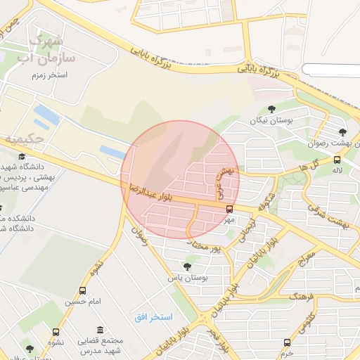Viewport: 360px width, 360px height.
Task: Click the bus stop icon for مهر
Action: [x=229, y=209]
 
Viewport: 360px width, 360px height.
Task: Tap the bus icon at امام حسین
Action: [x=84, y=290]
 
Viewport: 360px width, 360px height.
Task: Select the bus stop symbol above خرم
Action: [x=287, y=342]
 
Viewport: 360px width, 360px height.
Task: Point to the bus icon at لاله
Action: [x=337, y=160]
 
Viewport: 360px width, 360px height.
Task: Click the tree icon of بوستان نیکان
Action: [x=272, y=109]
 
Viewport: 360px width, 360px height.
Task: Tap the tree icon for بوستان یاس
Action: [x=186, y=266]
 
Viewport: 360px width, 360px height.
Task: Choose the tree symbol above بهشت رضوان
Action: [x=342, y=131]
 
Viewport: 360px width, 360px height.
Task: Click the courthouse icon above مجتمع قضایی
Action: [x=101, y=330]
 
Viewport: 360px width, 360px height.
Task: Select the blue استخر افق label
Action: [x=153, y=318]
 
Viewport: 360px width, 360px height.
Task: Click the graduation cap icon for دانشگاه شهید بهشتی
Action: [x=21, y=156]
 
